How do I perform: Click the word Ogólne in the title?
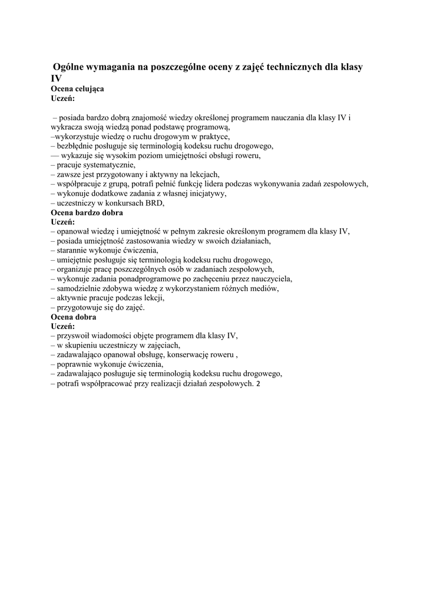click(x=70, y=67)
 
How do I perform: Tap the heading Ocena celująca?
click(x=77, y=88)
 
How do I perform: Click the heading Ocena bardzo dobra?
click(x=87, y=212)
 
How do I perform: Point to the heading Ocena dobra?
click(x=74, y=317)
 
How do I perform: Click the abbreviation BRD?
click(x=154, y=202)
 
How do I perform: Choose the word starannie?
click(x=73, y=250)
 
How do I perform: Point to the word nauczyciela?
click(x=267, y=278)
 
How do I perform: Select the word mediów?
click(x=263, y=288)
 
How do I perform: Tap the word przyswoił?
click(x=75, y=336)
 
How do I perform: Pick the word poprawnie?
click(x=74, y=364)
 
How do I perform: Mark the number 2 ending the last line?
click(x=257, y=383)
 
